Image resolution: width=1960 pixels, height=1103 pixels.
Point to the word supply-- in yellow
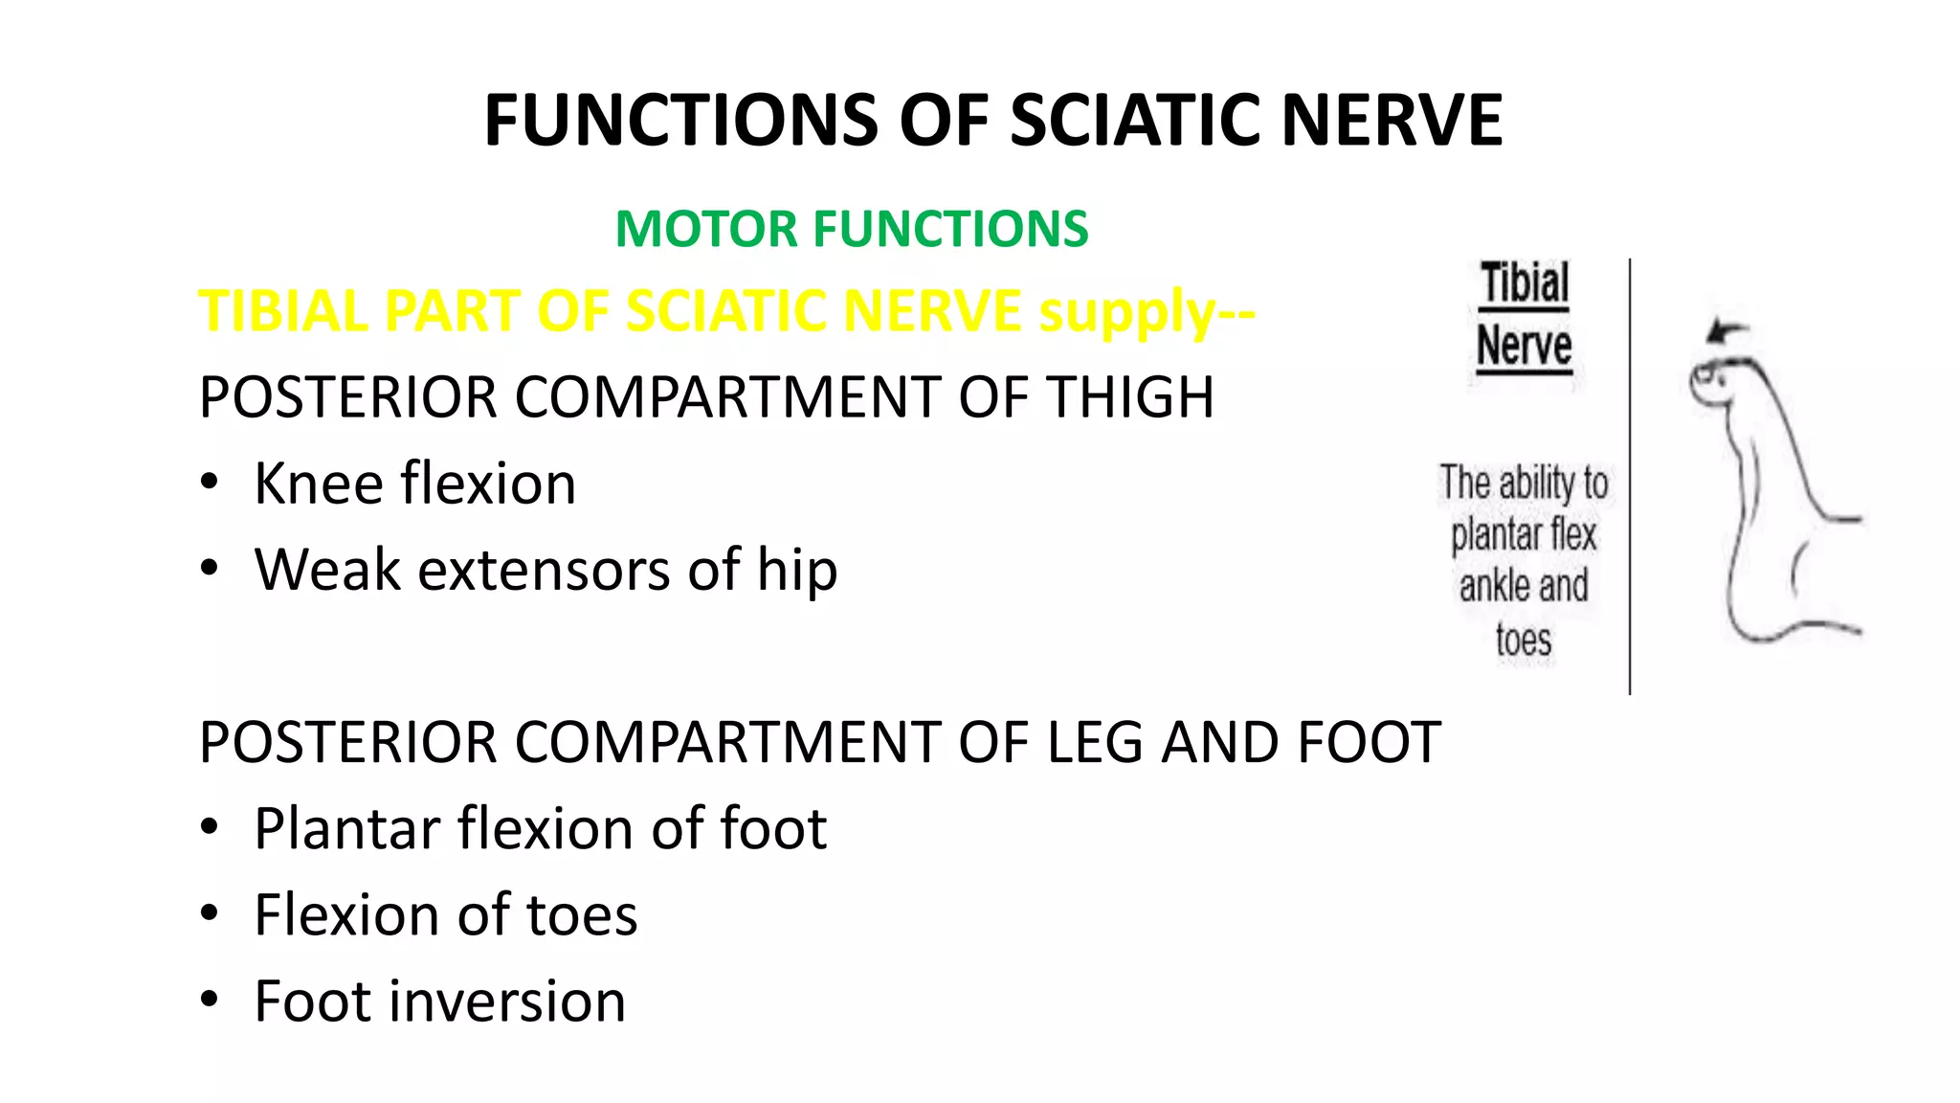pyautogui.click(x=1147, y=313)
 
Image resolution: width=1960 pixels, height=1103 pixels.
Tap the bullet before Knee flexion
pyautogui.click(x=210, y=482)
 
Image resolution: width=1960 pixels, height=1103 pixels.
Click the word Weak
pyautogui.click(x=327, y=570)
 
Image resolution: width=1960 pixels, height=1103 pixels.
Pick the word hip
pyautogui.click(x=797, y=572)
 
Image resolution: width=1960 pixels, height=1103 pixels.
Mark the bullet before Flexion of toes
pyautogui.click(x=210, y=913)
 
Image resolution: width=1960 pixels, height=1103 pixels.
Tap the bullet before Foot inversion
pyautogui.click(x=210, y=1000)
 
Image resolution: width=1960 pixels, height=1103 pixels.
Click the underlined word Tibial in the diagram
pyautogui.click(x=1525, y=284)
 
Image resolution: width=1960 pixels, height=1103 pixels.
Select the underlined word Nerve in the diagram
pyautogui.click(x=1524, y=346)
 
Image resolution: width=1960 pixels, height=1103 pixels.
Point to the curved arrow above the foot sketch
pyautogui.click(x=1726, y=332)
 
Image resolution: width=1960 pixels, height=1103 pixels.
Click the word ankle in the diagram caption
pyautogui.click(x=1491, y=585)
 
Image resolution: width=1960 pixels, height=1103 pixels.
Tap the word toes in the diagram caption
pyautogui.click(x=1524, y=640)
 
